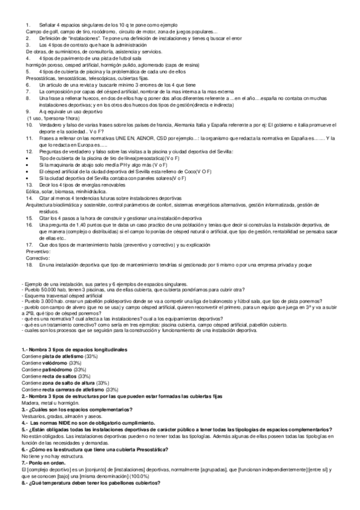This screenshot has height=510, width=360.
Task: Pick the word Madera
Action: click(x=29, y=403)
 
